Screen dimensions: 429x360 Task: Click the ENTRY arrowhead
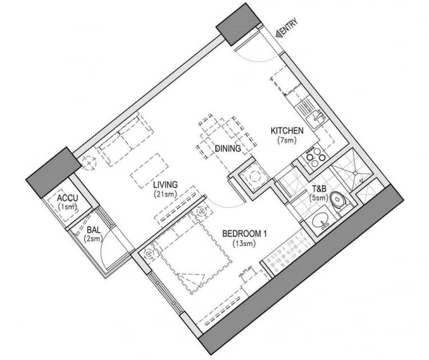279,33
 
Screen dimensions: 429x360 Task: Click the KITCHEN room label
287,131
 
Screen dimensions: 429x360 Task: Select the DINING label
228,149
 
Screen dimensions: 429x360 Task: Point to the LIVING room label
166,185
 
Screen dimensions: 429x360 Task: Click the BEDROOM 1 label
244,234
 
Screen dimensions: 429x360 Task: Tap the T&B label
319,189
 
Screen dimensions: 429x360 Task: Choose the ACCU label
67,198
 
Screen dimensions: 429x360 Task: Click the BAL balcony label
94,230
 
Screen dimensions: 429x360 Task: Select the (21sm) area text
165,194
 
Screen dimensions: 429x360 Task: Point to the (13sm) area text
244,243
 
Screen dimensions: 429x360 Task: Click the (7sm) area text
287,141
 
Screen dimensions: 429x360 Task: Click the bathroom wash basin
320,221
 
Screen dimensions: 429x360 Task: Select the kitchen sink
315,118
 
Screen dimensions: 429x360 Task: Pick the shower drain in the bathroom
355,173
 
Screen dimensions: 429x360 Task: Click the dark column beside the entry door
238,24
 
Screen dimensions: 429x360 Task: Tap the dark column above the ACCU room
54,173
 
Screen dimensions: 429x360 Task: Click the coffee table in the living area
150,171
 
